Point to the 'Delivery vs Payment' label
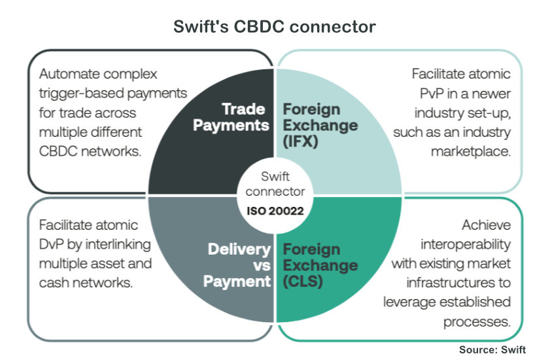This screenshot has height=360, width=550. coord(239,265)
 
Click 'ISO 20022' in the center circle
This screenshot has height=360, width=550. coord(275,211)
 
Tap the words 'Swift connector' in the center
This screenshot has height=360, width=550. coord(275,184)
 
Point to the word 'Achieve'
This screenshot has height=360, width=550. coord(486,226)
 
